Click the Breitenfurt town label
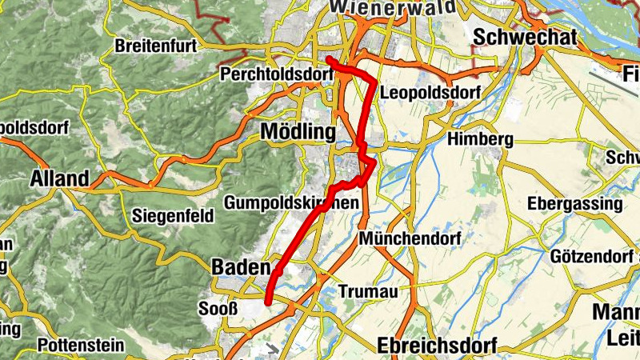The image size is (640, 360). click(x=156, y=46)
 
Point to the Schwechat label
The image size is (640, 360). click(x=514, y=37)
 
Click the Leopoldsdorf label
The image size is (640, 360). click(x=431, y=93)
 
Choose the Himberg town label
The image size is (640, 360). click(x=480, y=139)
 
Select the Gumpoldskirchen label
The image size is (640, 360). click(x=291, y=203)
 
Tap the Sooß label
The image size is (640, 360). click(x=217, y=308)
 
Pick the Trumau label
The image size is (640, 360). click(x=368, y=291)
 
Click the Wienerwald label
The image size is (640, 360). click(x=392, y=7)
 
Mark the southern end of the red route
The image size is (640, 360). click(x=268, y=302)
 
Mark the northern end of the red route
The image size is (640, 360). click(x=329, y=58)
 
